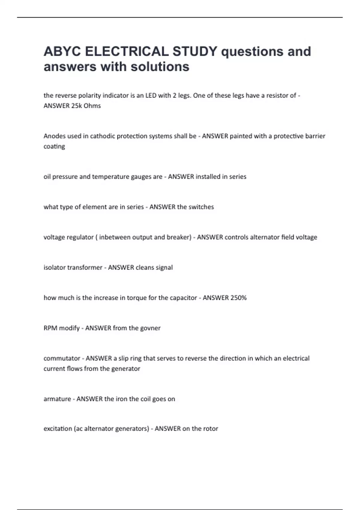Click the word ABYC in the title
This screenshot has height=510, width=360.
click(62, 51)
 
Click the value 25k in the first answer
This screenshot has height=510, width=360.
click(77, 106)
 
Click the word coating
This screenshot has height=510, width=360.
click(54, 147)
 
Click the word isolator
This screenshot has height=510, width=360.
click(54, 268)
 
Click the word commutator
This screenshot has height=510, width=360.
click(61, 358)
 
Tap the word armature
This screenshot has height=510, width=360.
click(57, 399)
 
